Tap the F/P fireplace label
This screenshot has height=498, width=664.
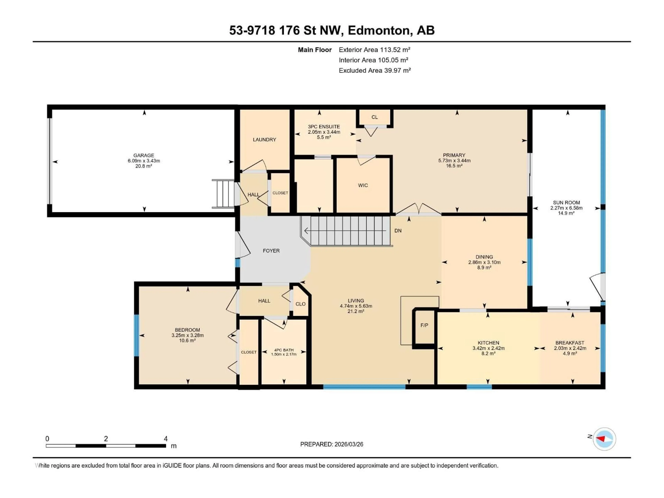click(x=424, y=325)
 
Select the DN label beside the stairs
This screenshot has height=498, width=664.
click(x=398, y=230)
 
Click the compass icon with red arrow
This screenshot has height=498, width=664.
click(x=604, y=439)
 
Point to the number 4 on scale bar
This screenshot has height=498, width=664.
click(x=165, y=439)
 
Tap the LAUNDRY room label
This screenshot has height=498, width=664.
click(x=264, y=140)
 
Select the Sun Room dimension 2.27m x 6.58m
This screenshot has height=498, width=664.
click(x=566, y=208)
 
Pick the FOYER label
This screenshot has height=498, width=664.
click(x=271, y=251)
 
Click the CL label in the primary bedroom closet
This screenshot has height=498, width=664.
click(x=374, y=117)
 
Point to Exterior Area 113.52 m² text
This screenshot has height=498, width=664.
click(x=374, y=50)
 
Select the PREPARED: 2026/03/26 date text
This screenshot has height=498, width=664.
click(x=331, y=444)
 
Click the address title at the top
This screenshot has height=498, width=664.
click(x=332, y=30)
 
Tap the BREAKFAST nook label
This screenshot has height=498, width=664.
click(x=569, y=343)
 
